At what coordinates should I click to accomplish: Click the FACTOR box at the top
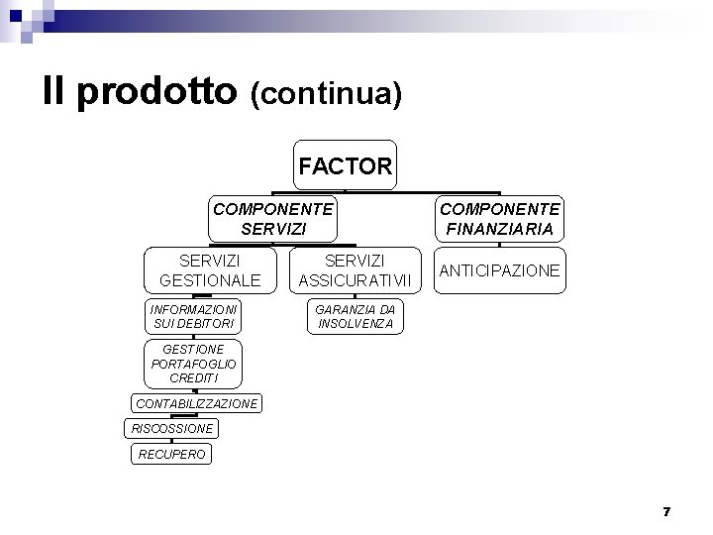point(346,165)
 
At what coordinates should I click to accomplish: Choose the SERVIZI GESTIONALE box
point(209,269)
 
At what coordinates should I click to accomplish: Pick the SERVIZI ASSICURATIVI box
point(355,269)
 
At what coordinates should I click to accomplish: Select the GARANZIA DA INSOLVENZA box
point(355,316)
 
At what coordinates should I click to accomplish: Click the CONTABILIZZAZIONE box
point(196,403)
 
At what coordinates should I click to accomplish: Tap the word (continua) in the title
point(326,94)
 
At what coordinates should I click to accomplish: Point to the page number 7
point(666,511)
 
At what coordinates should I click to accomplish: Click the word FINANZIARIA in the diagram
point(500,229)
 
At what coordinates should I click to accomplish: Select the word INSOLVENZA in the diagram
point(355,324)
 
